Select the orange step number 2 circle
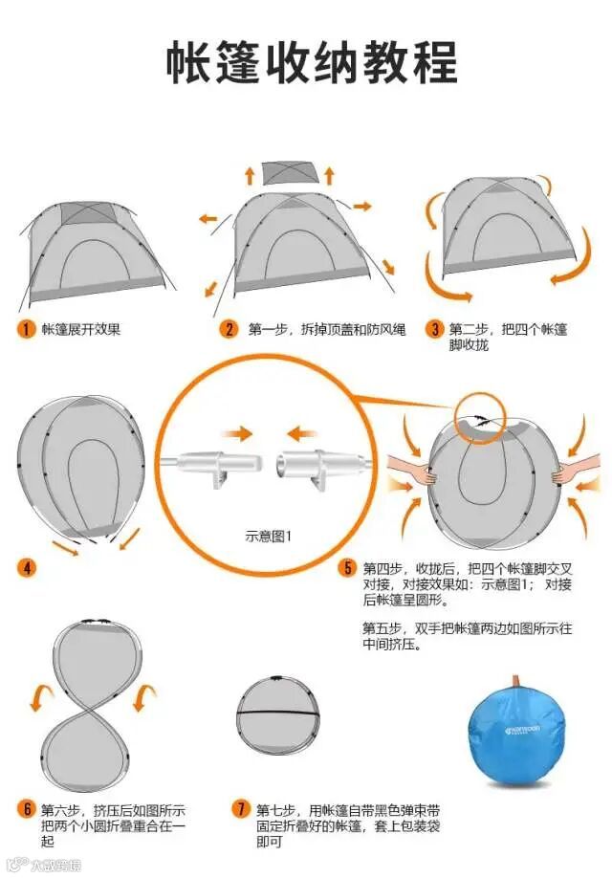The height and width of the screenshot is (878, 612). tap(229, 330)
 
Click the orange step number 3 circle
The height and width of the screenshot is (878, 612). tap(434, 330)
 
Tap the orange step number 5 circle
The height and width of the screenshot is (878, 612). tap(348, 568)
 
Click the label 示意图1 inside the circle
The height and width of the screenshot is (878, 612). tap(269, 536)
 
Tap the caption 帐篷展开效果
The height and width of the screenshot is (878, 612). tap(80, 330)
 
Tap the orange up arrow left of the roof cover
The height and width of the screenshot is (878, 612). tap(249, 175)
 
